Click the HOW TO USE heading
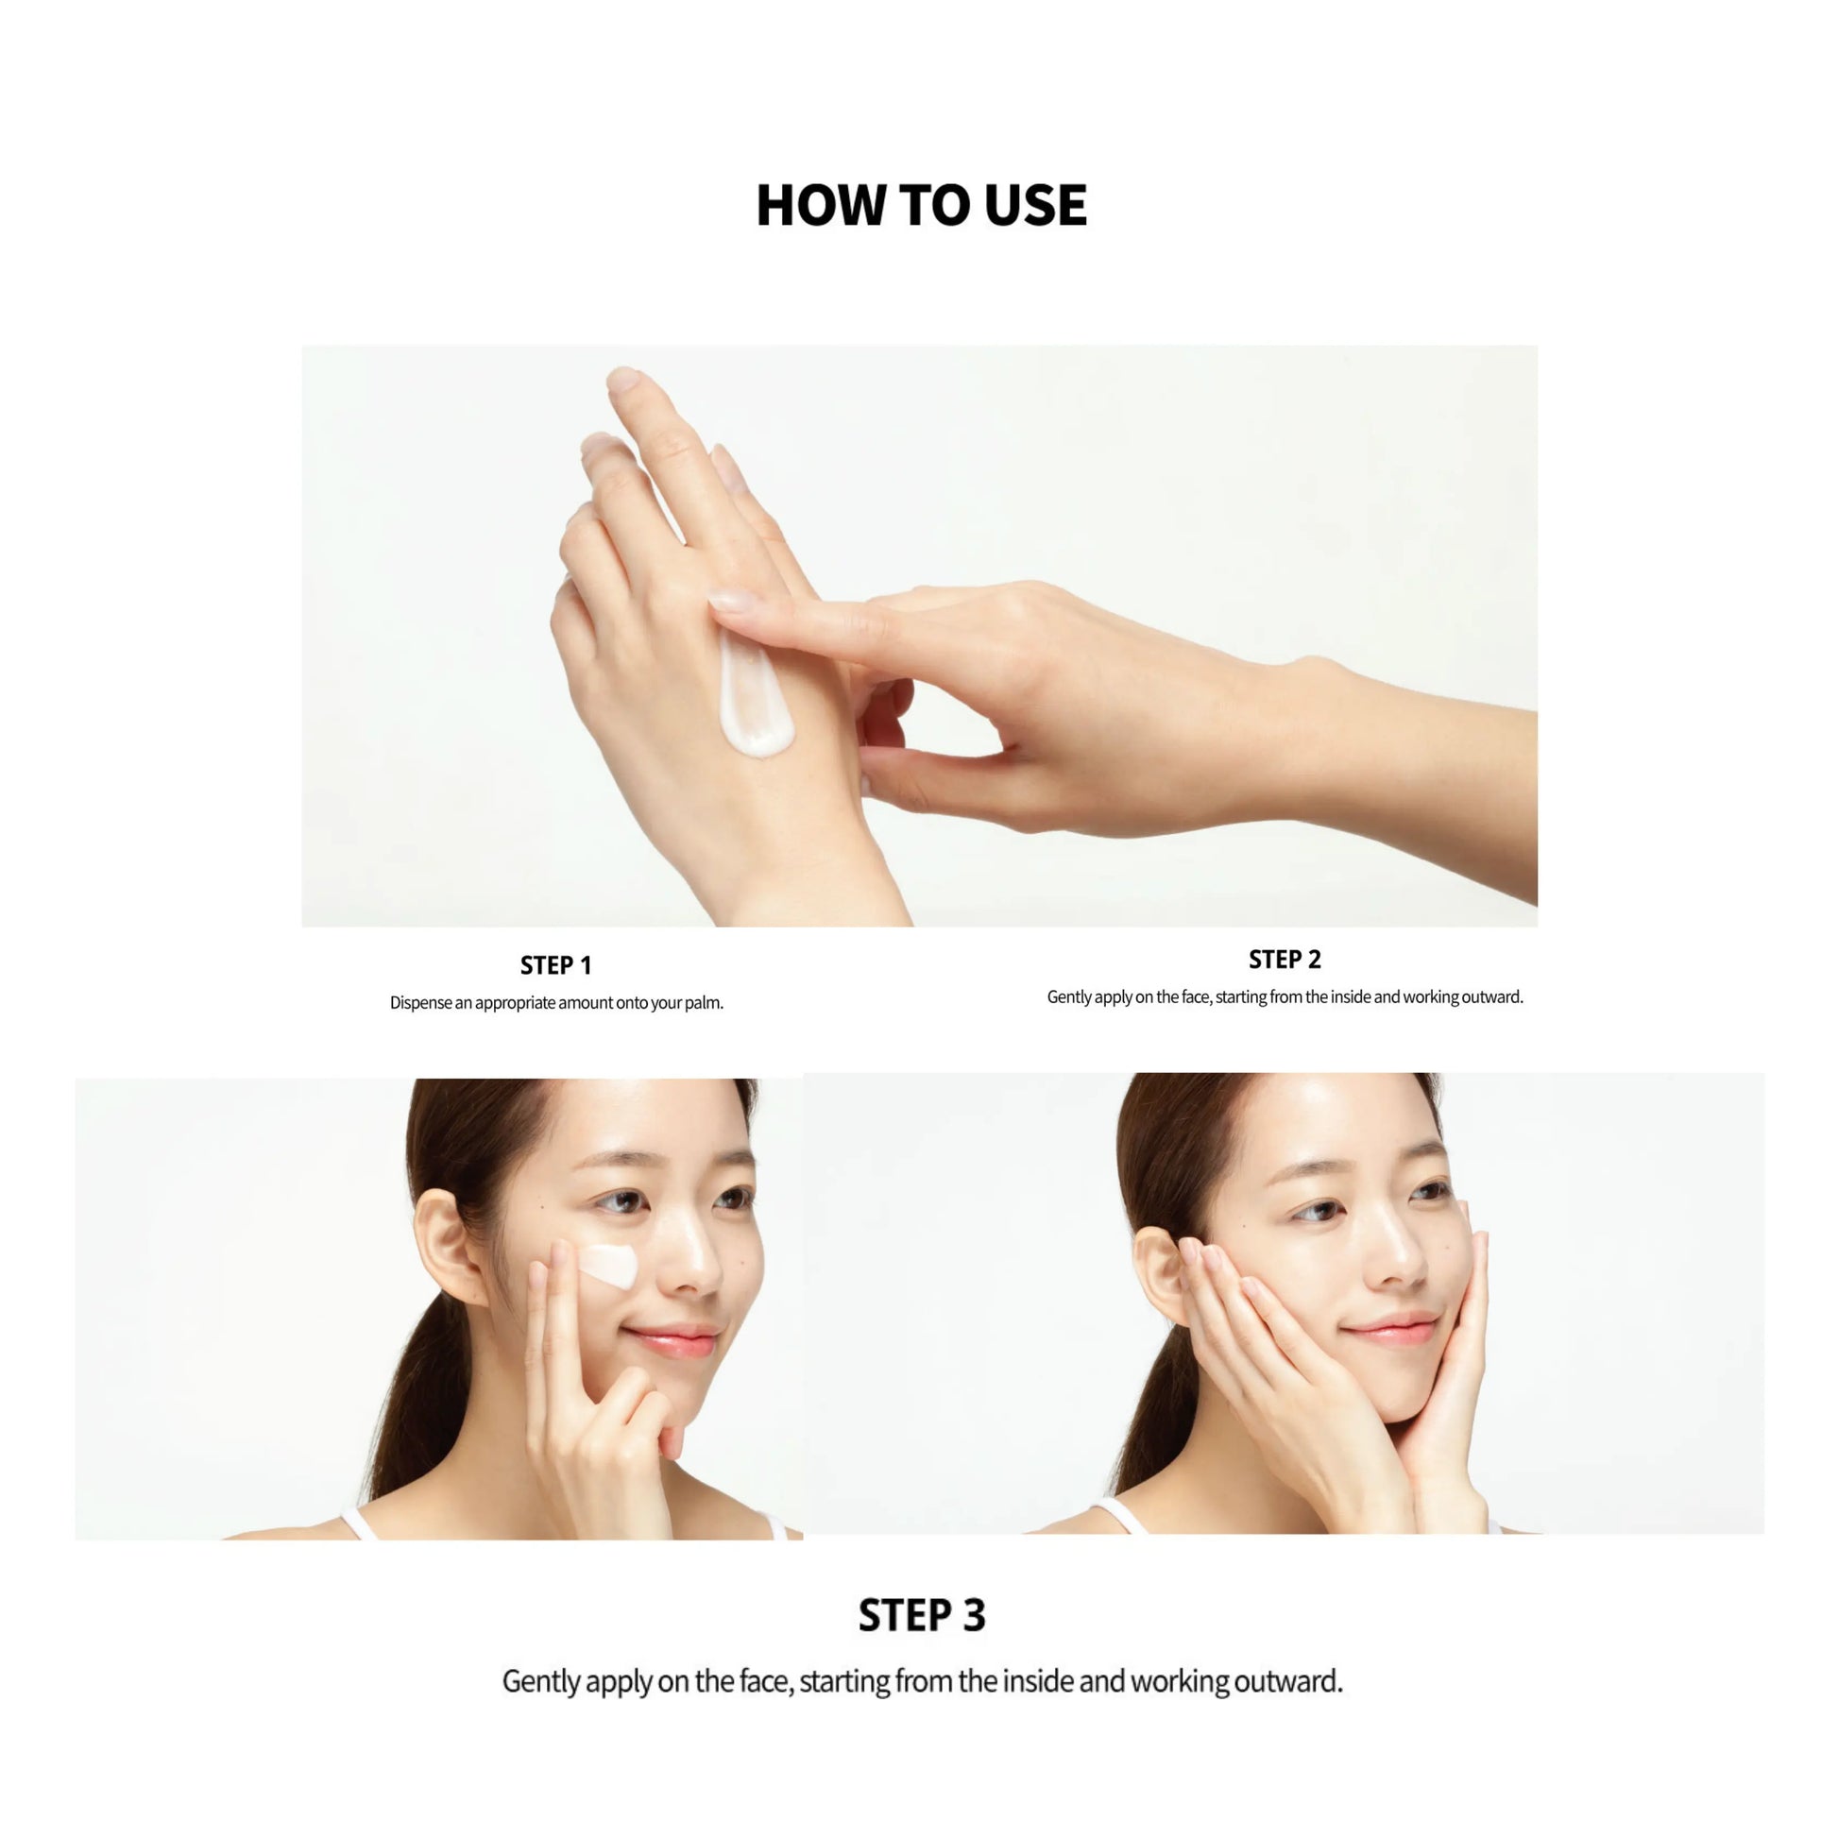[x=921, y=205]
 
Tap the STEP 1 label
[x=555, y=965]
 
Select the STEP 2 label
[x=1285, y=960]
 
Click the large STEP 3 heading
[x=922, y=1615]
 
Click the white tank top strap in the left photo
[x=359, y=1523]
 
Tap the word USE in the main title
[x=1035, y=205]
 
